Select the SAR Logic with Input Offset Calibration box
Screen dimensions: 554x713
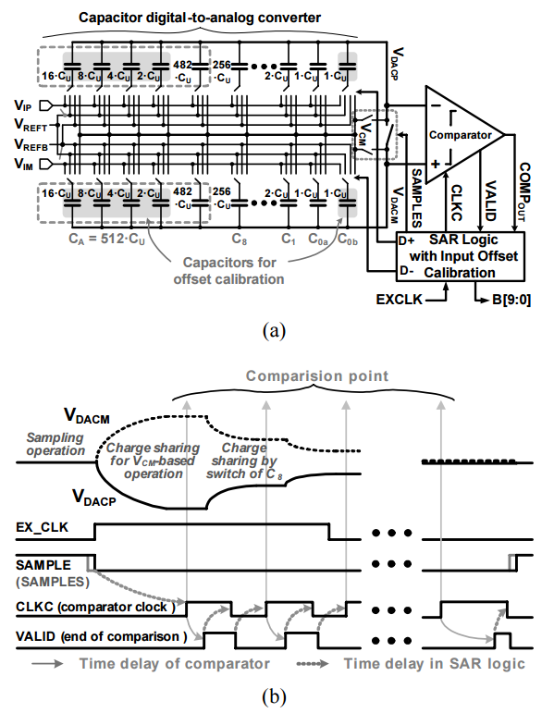460,256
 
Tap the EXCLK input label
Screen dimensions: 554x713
399,300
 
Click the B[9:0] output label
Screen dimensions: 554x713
511,301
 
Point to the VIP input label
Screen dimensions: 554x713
23,105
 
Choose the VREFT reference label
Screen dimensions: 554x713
31,125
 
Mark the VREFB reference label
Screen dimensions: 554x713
31,145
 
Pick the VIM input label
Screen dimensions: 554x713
24,164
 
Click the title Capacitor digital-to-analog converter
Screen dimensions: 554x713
200,18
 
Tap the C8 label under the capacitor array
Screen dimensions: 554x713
240,240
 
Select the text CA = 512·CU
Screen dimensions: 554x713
106,239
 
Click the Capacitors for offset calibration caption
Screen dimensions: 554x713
228,271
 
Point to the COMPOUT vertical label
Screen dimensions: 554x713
523,192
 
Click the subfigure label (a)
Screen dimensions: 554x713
275,330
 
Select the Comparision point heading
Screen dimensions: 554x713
317,376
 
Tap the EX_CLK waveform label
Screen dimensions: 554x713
42,527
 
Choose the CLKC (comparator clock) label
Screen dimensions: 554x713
95,607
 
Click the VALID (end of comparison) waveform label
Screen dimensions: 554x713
101,636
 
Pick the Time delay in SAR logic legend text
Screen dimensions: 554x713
434,664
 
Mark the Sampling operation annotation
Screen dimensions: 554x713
55,444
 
